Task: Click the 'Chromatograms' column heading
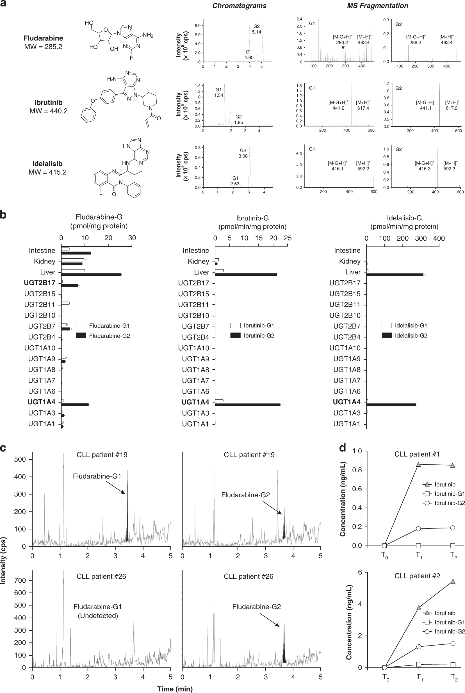coord(239,6)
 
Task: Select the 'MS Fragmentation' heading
coord(377,6)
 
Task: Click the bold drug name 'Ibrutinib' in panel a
coord(48,102)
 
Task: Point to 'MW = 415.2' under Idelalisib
coord(47,172)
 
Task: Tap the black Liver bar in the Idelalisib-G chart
coord(395,275)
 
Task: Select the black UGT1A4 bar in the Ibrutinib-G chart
coord(248,405)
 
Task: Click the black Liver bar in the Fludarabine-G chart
coord(91,275)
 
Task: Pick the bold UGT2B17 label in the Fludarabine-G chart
coord(39,283)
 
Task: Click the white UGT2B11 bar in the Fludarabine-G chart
coord(65,303)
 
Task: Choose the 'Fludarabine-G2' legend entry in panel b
coord(110,336)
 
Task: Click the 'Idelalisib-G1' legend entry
coord(411,326)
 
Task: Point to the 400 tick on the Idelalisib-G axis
coord(439,238)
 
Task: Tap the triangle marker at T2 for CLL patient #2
coord(453,582)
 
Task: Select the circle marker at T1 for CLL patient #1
coord(418,529)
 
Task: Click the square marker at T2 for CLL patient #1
coord(453,546)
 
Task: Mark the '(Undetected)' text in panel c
coord(98,616)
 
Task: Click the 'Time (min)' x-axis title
coord(175,689)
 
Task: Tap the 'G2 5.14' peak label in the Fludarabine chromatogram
coord(257,29)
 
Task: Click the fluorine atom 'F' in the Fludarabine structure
coord(131,58)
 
